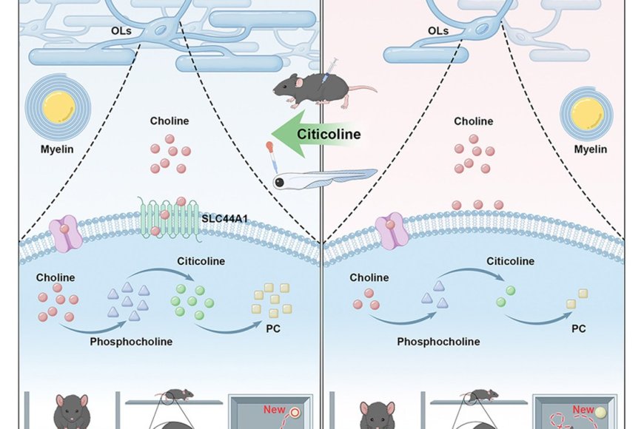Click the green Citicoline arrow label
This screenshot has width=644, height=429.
328,134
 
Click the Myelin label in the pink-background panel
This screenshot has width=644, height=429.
590,149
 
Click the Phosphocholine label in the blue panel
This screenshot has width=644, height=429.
131,342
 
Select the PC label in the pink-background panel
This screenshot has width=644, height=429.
578,328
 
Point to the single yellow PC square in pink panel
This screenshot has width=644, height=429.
573,303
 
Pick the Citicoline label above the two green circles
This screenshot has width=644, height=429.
510,261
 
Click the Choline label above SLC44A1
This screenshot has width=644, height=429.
170,121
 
